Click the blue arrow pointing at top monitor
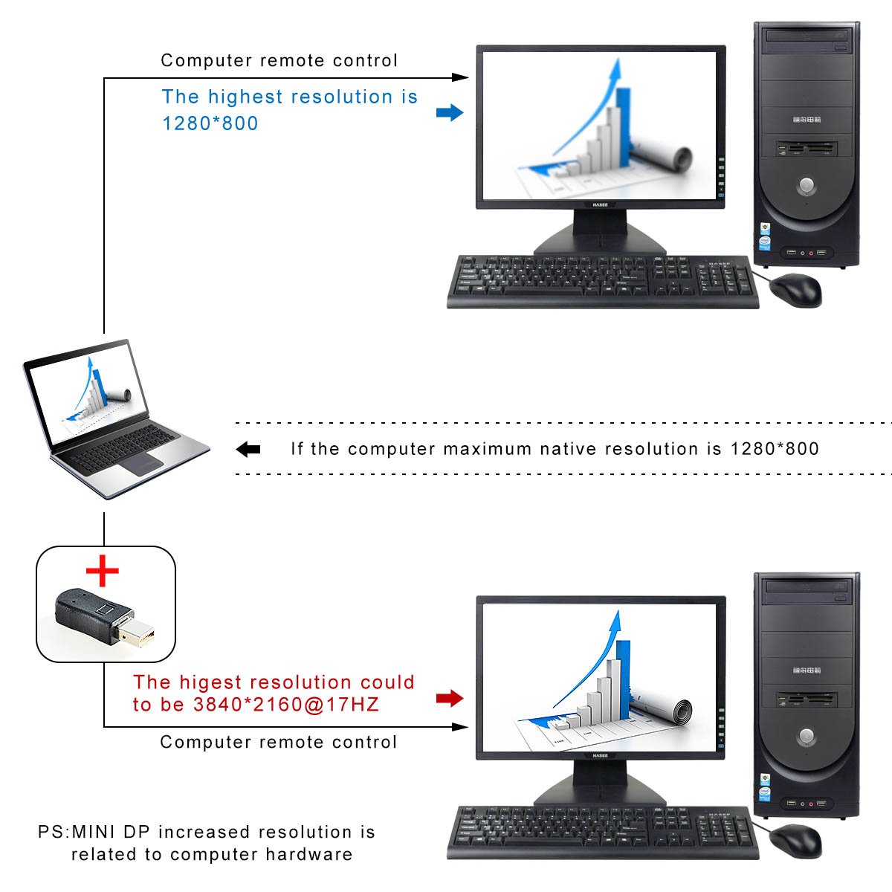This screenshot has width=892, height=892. click(450, 112)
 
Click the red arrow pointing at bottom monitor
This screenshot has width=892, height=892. click(450, 697)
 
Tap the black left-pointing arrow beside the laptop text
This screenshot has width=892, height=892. click(248, 449)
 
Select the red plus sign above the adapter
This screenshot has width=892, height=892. click(103, 571)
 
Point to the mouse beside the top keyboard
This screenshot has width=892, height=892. click(795, 290)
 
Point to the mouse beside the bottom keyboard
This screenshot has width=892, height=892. click(795, 841)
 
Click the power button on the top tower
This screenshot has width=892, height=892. click(807, 185)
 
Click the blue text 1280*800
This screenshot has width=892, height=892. click(210, 123)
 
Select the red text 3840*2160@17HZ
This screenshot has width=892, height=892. click(286, 705)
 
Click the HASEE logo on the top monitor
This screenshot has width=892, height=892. click(600, 204)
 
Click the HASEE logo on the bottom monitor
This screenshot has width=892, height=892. click(600, 755)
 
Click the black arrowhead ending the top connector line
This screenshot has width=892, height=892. click(460, 77)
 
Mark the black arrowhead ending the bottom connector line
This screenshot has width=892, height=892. click(460, 727)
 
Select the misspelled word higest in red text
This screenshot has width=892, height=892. click(210, 683)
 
